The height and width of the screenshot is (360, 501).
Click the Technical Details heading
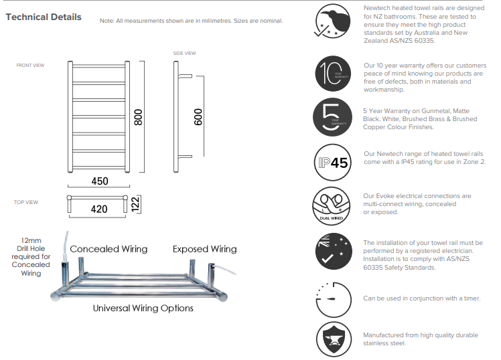click(44, 17)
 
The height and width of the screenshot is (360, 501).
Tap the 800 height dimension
click(139, 117)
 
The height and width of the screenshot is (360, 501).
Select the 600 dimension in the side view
click(198, 117)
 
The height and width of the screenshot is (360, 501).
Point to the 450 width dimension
click(98, 181)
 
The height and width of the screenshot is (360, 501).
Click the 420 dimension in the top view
click(98, 209)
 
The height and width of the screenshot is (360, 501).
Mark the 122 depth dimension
click(135, 203)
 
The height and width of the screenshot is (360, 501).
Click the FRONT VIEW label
click(30, 66)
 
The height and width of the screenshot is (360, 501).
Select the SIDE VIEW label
click(184, 53)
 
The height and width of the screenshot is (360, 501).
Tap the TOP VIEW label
click(26, 202)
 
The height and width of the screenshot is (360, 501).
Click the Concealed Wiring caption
click(109, 249)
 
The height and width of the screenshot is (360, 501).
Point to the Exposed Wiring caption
click(204, 249)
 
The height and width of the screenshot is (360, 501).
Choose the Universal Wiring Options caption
click(143, 308)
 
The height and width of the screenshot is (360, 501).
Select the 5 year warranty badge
click(333, 116)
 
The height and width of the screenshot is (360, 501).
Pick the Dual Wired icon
click(333, 204)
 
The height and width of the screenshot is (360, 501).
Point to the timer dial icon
click(333, 298)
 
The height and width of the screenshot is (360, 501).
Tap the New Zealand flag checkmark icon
click(333, 251)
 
